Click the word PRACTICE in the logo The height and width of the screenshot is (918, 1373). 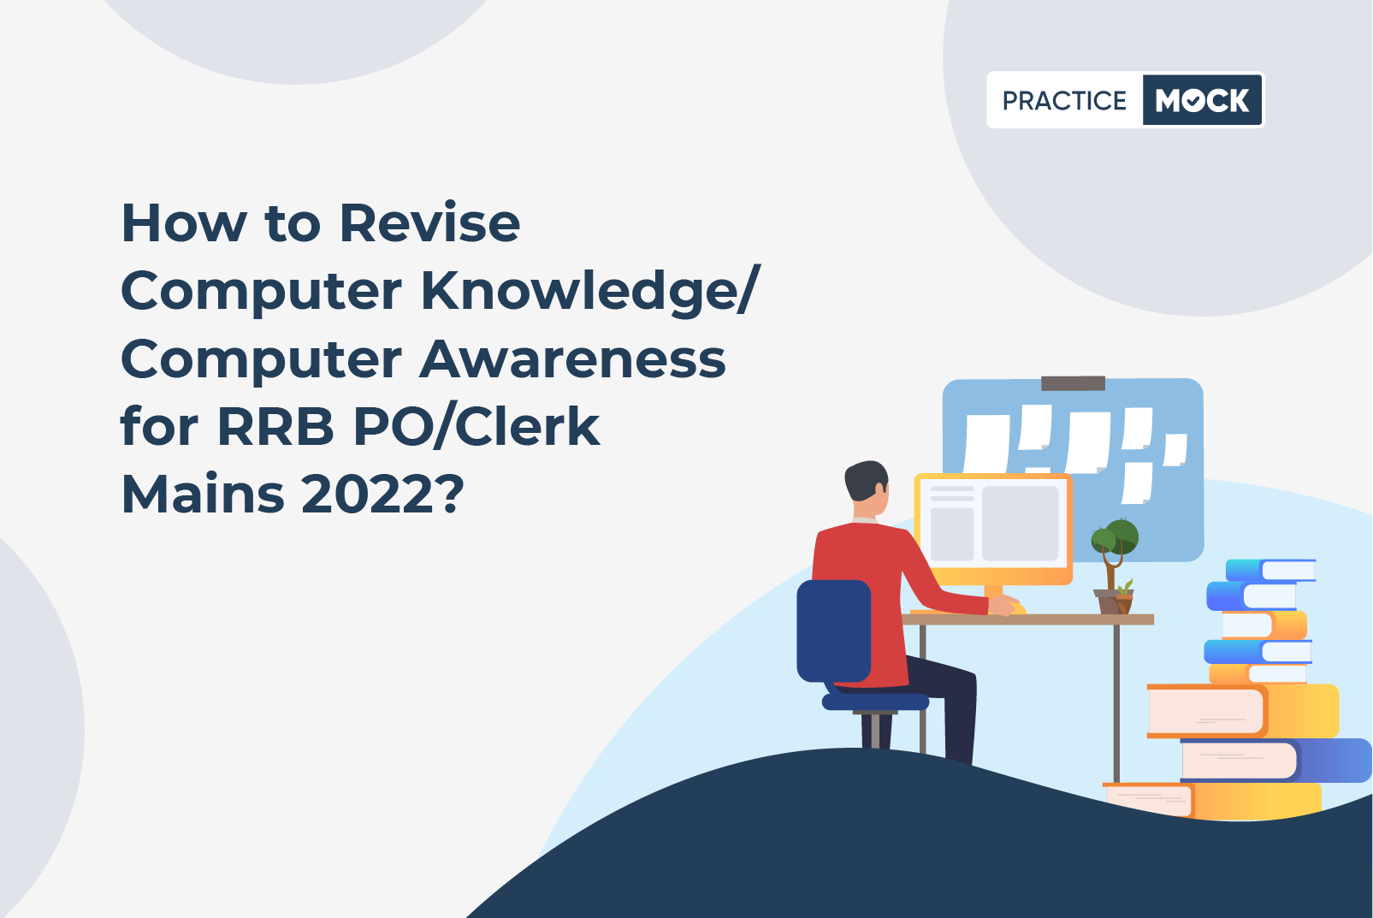point(1064,100)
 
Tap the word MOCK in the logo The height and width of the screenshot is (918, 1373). point(1202,100)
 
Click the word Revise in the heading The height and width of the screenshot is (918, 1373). point(429,223)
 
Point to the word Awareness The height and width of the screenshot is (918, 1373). point(572,359)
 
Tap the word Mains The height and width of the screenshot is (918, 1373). point(203,494)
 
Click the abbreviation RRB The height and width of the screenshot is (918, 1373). point(275,427)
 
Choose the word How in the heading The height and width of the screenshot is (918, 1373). point(183,223)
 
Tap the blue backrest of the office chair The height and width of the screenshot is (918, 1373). point(833,631)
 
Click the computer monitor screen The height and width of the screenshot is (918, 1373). point(993,524)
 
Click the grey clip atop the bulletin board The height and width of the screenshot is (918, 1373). point(1074,383)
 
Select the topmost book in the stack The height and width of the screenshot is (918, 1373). point(1270,571)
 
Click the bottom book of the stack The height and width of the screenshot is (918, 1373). point(1212,801)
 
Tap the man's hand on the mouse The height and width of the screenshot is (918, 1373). point(1003,606)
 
